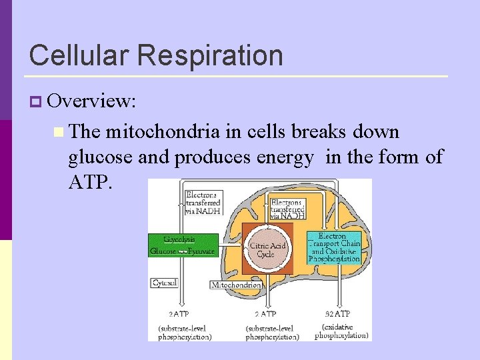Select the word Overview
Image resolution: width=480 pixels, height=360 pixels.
pyautogui.click(x=92, y=101)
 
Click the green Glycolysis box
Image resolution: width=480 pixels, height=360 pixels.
pyautogui.click(x=183, y=245)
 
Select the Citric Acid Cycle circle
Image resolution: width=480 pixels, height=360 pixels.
pyautogui.click(x=267, y=250)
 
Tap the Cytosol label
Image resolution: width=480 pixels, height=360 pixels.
pyautogui.click(x=164, y=283)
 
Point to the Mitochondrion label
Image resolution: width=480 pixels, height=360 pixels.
pyautogui.click(x=236, y=285)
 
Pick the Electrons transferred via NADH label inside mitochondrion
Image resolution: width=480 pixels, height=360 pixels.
pyautogui.click(x=287, y=209)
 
